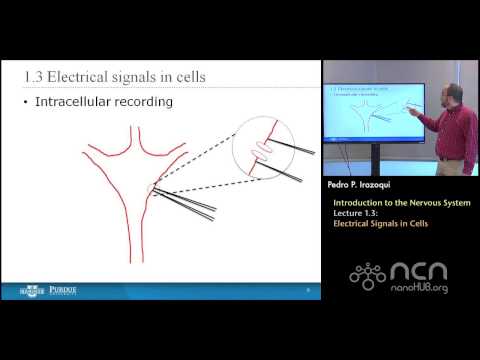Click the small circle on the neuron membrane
(x=152, y=189)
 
